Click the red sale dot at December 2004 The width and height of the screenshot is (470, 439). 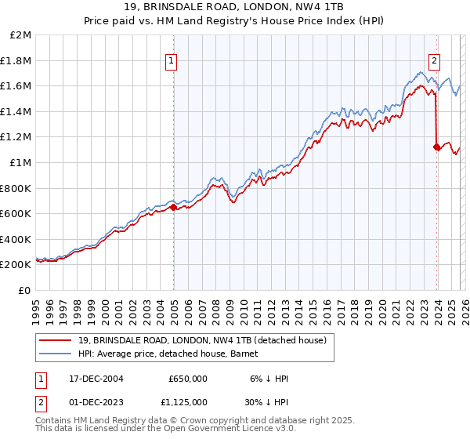pos(173,207)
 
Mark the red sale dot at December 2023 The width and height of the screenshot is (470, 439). pos(436,147)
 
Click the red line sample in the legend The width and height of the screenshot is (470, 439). pos(57,339)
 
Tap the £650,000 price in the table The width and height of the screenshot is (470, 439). pos(187,379)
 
